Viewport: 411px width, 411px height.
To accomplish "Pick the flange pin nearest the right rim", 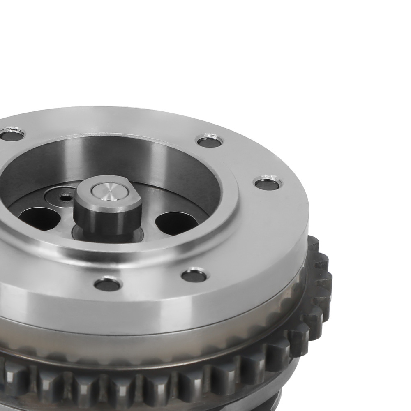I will [x=268, y=183].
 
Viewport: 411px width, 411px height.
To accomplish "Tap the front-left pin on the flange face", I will [x=108, y=284].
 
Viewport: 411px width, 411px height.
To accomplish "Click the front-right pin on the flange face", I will [x=194, y=275].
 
